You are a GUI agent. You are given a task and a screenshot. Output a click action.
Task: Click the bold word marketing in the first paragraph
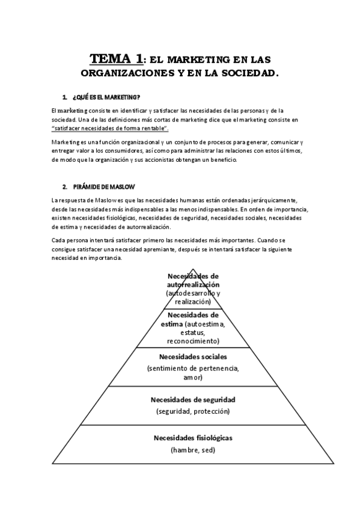(x=73, y=111)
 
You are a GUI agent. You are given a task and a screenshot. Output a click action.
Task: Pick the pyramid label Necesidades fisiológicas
(x=192, y=437)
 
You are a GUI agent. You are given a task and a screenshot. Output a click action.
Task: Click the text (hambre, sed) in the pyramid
(x=192, y=450)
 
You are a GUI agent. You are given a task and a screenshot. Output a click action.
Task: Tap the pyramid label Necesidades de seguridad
(x=192, y=399)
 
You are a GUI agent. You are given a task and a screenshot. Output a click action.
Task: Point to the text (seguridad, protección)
(x=192, y=411)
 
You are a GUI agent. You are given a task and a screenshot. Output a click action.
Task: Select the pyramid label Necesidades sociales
(x=192, y=356)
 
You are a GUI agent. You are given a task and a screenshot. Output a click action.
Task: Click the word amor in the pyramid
(x=192, y=378)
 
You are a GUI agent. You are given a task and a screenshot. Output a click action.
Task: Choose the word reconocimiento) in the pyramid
(x=192, y=340)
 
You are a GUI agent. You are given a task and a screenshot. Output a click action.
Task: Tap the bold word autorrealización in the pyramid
(x=193, y=284)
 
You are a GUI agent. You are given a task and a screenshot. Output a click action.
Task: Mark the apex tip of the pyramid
(x=192, y=269)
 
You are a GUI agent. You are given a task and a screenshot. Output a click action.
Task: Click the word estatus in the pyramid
(x=192, y=332)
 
